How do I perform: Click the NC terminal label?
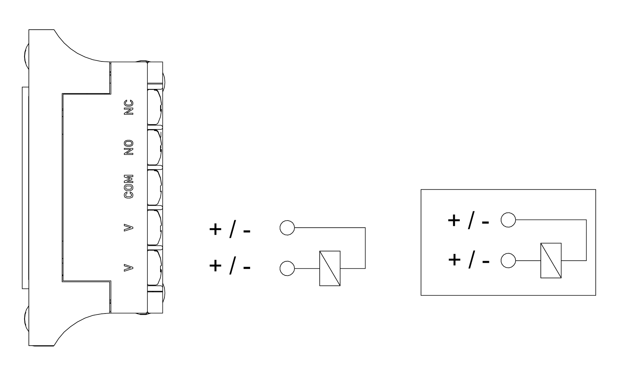(x=129, y=107)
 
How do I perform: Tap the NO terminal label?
(x=129, y=147)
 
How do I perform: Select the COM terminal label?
(x=129, y=187)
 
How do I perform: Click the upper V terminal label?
(x=129, y=228)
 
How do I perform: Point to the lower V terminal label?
(x=129, y=267)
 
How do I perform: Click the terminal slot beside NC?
(x=155, y=107)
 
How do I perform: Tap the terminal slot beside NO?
(x=155, y=147)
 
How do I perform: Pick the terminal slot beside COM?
(x=155, y=187)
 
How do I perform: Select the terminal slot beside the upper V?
(x=155, y=228)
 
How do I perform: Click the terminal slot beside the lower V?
(x=155, y=267)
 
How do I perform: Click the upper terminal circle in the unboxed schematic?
(x=287, y=228)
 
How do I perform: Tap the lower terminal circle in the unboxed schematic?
(x=287, y=268)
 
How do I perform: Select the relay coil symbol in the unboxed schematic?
(x=330, y=268)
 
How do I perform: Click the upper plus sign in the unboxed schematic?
(x=215, y=229)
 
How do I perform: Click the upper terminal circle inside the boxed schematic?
(x=508, y=220)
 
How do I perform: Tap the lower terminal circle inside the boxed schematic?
(x=508, y=261)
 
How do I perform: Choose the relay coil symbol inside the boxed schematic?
(x=551, y=261)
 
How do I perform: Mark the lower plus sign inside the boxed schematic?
(x=454, y=260)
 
